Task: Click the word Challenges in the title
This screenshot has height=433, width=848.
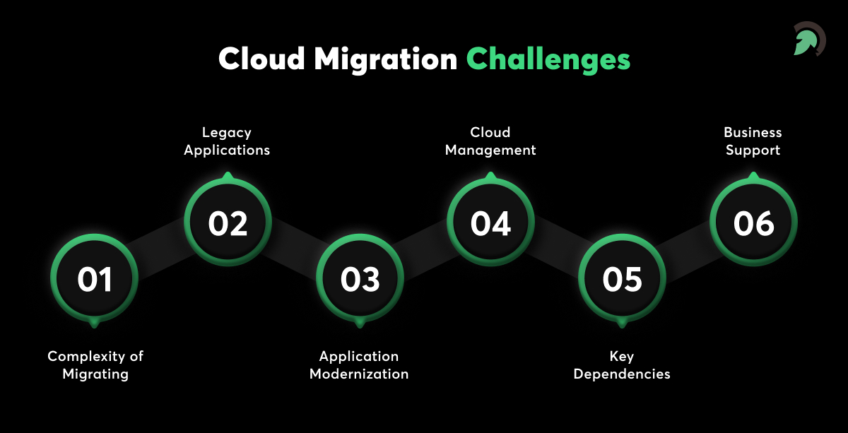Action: tap(548, 59)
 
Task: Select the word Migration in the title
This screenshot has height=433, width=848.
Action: tap(386, 59)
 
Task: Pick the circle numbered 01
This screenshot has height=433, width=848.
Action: tap(95, 279)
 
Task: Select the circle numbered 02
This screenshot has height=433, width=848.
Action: tap(228, 223)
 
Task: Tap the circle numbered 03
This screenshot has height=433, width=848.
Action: tap(360, 279)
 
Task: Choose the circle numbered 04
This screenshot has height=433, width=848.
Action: tap(491, 223)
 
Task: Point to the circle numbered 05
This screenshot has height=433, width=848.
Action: tap(623, 279)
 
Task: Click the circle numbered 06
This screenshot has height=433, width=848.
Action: tap(753, 223)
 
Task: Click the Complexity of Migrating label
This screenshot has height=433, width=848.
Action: tap(95, 365)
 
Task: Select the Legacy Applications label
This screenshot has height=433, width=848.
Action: tap(227, 141)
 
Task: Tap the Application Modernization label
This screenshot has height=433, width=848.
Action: tap(359, 365)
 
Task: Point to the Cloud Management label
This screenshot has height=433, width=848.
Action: tap(490, 141)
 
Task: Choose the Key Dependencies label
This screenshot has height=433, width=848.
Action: tap(622, 365)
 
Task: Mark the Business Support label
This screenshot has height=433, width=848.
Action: tap(753, 141)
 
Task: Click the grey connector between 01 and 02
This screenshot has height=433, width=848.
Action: tap(161, 251)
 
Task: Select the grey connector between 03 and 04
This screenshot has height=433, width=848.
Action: tap(425, 251)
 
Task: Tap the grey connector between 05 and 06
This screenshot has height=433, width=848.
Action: tap(688, 251)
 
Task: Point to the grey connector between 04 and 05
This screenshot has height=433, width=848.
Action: tap(557, 251)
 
